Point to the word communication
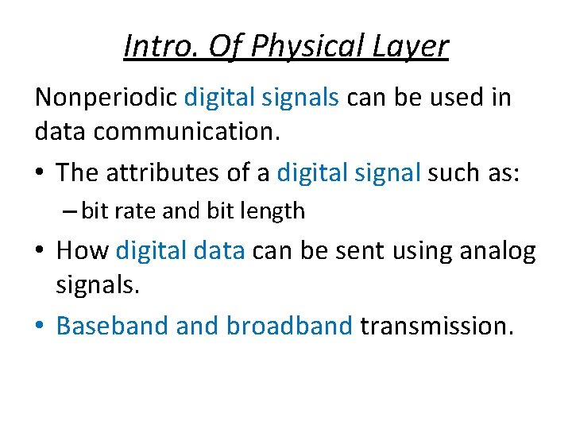click(x=187, y=133)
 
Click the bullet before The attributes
click(x=41, y=172)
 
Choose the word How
click(x=83, y=251)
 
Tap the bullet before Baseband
click(x=41, y=327)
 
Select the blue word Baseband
click(x=112, y=326)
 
